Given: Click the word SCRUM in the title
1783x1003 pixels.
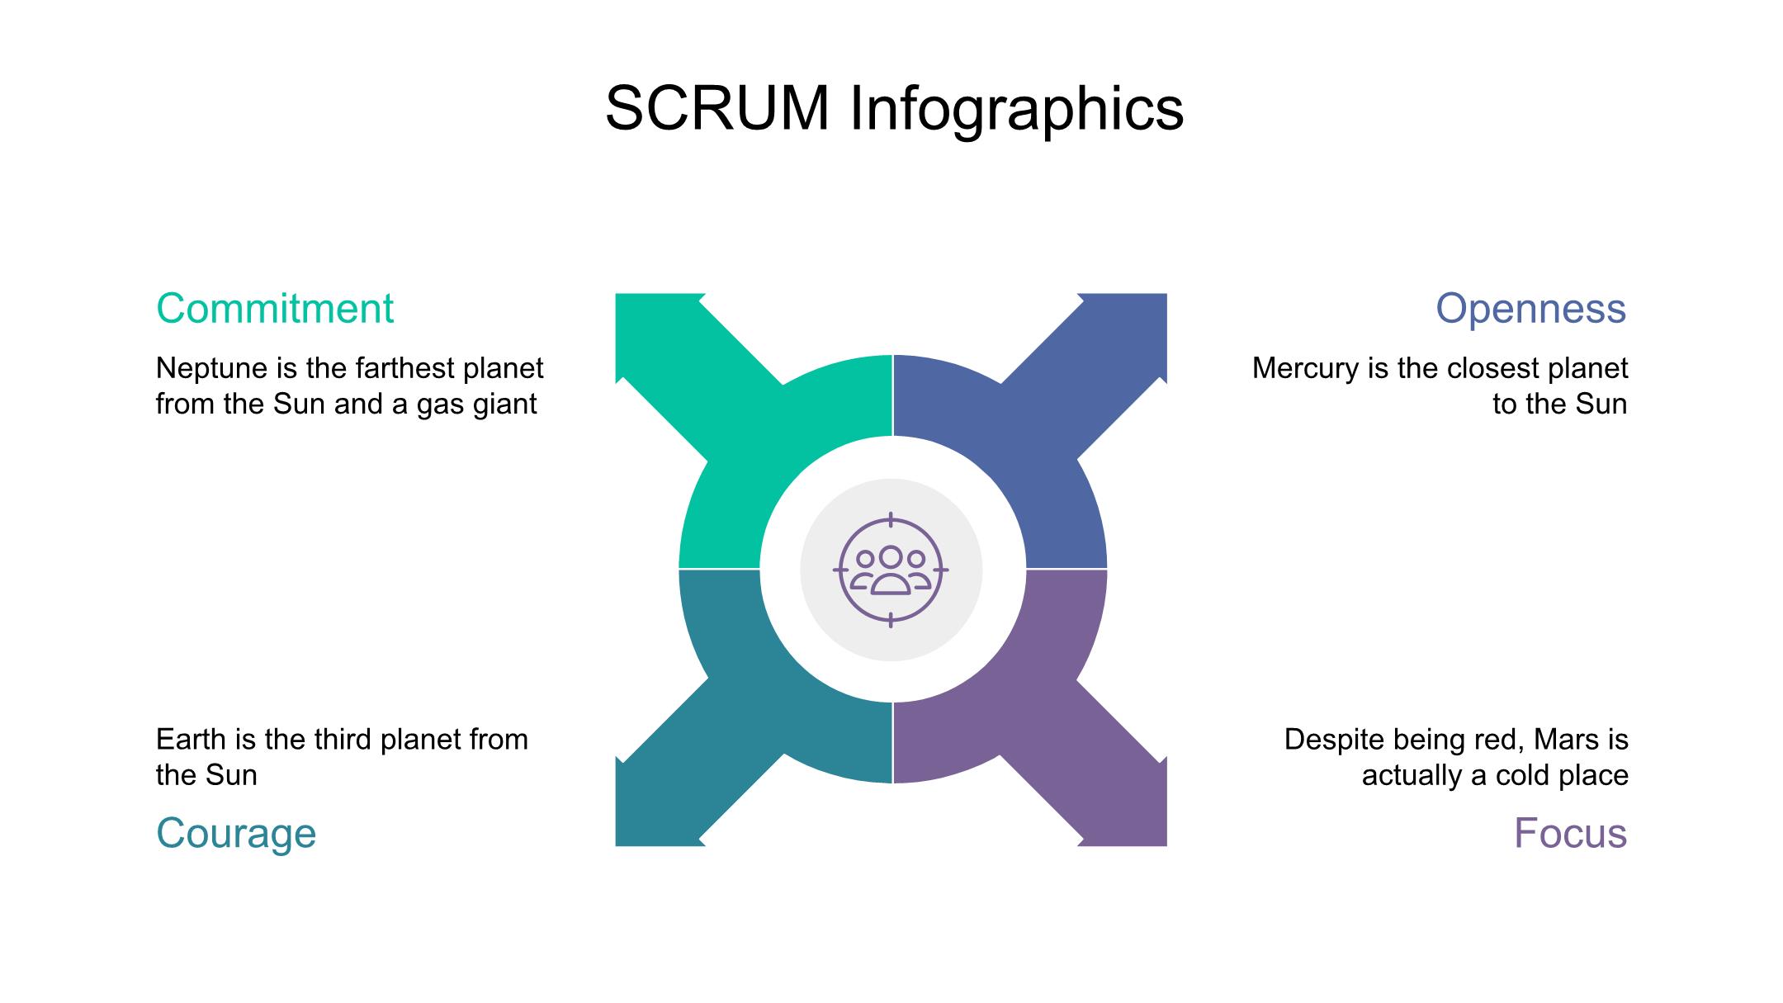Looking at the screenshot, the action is tap(717, 108).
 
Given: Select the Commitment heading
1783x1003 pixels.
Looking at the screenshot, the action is tap(275, 309).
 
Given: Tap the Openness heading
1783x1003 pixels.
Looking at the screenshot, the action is tap(1531, 310).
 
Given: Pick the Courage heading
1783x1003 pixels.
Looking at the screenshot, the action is tap(236, 834).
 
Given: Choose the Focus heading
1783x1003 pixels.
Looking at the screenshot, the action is tap(1570, 833).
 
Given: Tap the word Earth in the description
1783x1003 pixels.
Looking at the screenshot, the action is tap(194, 739).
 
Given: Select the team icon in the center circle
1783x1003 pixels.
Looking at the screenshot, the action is tap(891, 570).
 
